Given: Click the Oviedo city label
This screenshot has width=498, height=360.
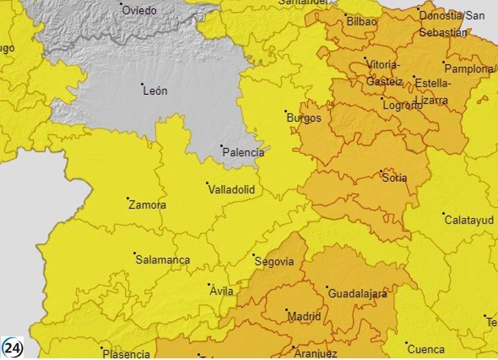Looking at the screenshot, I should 140,11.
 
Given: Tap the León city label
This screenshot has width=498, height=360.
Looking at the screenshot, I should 155,91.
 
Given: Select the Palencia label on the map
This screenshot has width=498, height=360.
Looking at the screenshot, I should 243,153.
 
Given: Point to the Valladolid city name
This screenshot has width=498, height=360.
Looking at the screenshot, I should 231,190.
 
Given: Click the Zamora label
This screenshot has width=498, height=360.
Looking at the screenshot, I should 147,205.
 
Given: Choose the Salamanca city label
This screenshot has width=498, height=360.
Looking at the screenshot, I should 162,260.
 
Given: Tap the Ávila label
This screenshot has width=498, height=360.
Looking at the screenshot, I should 222,291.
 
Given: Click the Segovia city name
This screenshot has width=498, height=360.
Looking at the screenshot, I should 274,262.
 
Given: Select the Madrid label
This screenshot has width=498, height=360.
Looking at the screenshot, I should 304,316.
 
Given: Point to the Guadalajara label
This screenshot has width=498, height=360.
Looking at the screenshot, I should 357,293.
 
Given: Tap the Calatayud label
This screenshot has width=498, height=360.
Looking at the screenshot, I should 470,220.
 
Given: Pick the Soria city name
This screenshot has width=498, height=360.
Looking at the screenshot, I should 394,178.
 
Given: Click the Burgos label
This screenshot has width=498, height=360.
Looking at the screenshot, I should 304,118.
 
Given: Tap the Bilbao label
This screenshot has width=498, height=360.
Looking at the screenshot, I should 362,22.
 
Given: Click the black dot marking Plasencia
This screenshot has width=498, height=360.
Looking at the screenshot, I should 102,348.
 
